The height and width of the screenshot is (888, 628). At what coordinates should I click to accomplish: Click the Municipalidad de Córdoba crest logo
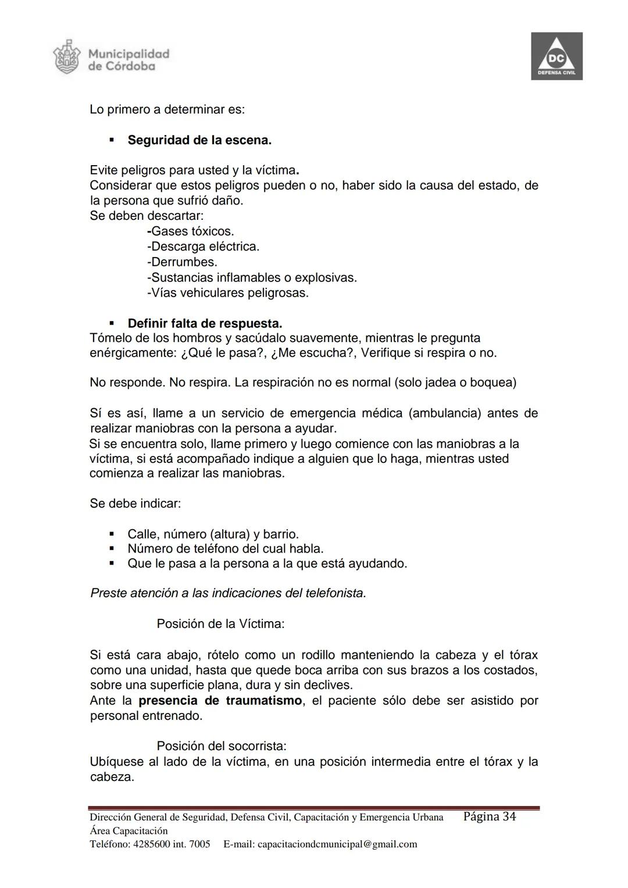[65, 57]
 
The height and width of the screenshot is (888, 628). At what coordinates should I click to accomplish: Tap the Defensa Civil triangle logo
[556, 56]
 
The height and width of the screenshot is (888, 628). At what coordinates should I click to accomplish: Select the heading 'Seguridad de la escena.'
[199, 140]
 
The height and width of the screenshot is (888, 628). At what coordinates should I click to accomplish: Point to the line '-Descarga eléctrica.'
[203, 247]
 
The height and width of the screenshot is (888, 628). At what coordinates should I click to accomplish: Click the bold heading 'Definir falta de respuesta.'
[205, 323]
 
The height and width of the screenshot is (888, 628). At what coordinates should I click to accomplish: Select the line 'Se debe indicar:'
[135, 504]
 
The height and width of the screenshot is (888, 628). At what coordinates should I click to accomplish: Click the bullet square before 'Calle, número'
[112, 534]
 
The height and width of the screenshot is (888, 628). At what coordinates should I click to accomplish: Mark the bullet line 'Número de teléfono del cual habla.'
[225, 548]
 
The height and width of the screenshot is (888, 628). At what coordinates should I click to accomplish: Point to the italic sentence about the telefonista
[228, 594]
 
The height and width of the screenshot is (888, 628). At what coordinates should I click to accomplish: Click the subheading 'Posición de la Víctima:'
[220, 624]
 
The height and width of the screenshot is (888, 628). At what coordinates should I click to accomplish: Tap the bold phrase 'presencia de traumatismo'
[220, 701]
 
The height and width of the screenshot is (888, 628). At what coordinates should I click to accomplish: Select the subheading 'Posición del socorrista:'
[222, 746]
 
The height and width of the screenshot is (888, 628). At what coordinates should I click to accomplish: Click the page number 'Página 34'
[490, 817]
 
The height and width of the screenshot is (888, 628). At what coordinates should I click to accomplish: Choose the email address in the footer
[337, 844]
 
